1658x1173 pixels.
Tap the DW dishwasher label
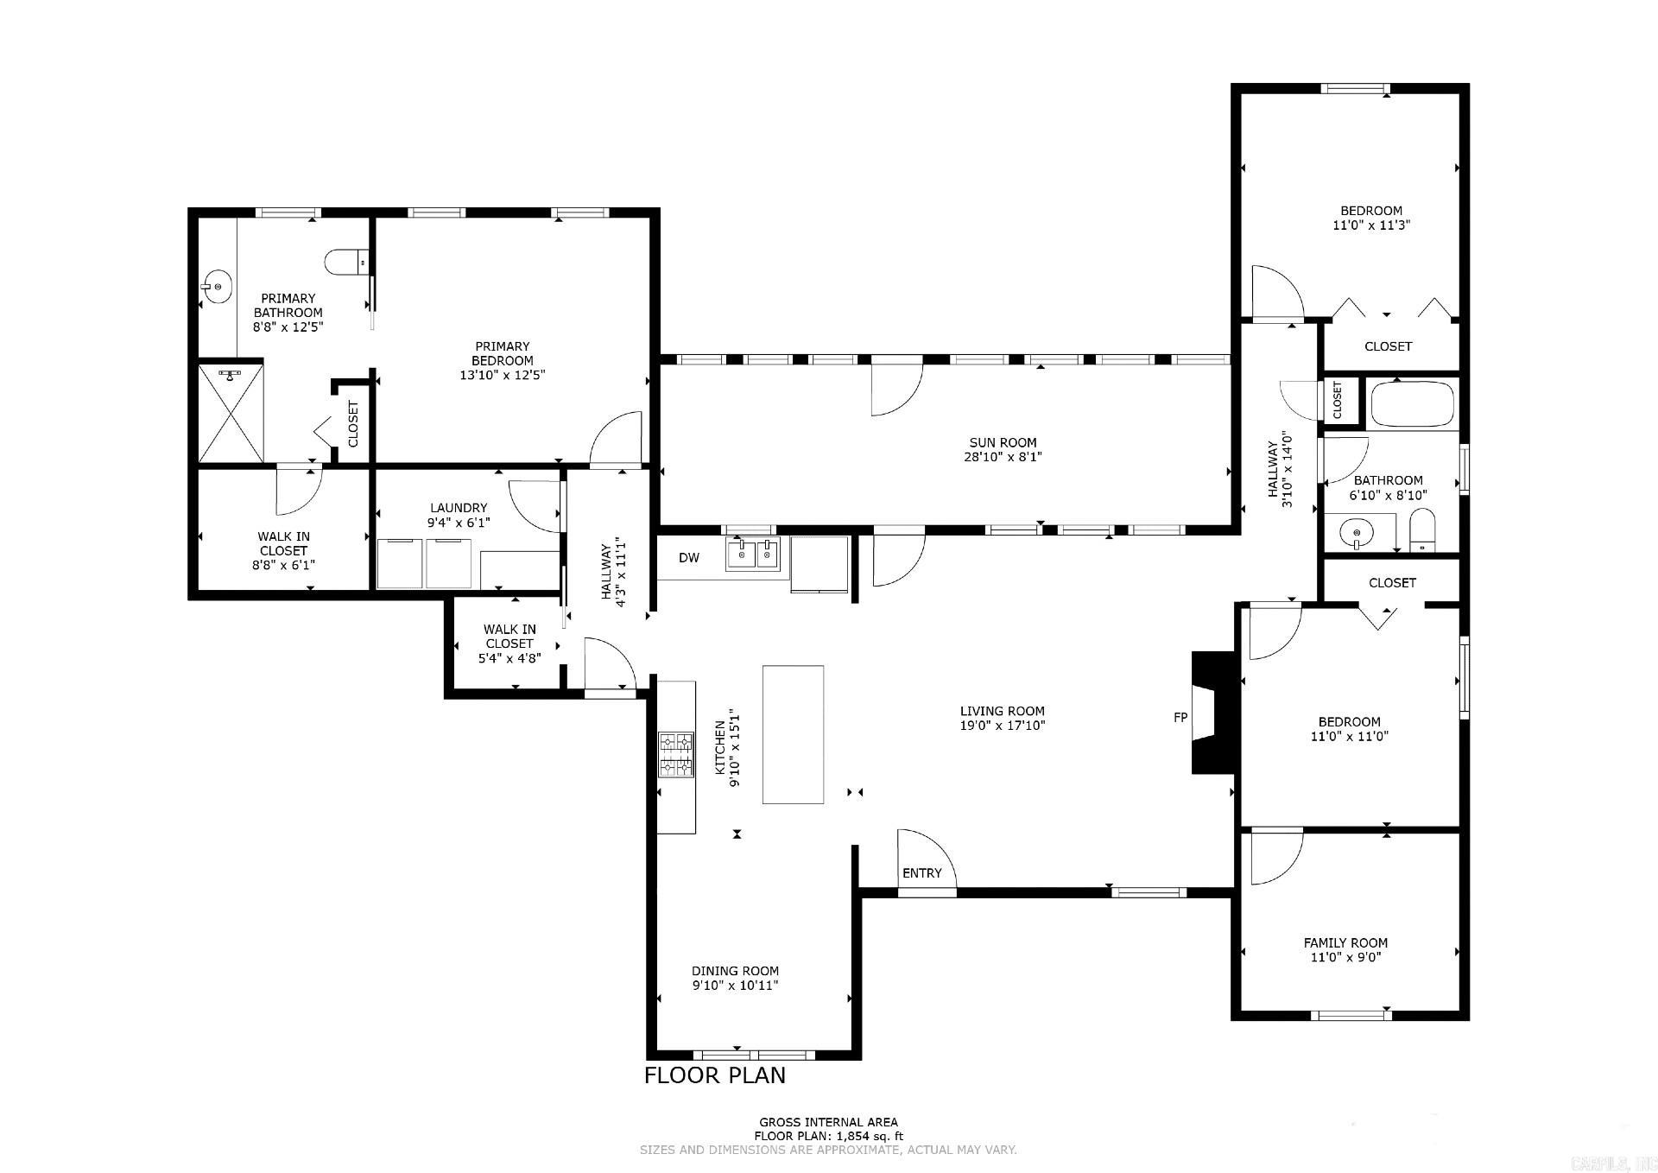coord(688,558)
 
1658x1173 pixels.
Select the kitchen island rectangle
coord(793,734)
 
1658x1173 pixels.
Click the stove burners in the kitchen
coord(676,755)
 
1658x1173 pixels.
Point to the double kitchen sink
coord(753,554)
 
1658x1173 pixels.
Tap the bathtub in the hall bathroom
coord(1412,403)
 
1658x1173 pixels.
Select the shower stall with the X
coord(231,413)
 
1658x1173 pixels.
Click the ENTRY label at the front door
coord(921,873)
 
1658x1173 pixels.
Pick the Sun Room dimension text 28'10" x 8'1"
coord(1003,457)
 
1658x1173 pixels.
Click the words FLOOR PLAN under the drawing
coord(715,1075)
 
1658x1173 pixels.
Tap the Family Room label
coord(1345,942)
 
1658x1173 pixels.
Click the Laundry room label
coord(459,508)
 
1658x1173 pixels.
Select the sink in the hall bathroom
coord(1357,533)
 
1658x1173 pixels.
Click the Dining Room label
coord(735,971)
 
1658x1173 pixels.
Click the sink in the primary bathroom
coord(217,286)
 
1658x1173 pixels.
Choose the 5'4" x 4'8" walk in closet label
coord(509,657)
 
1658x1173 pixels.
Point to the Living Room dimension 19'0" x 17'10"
coord(1003,726)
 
